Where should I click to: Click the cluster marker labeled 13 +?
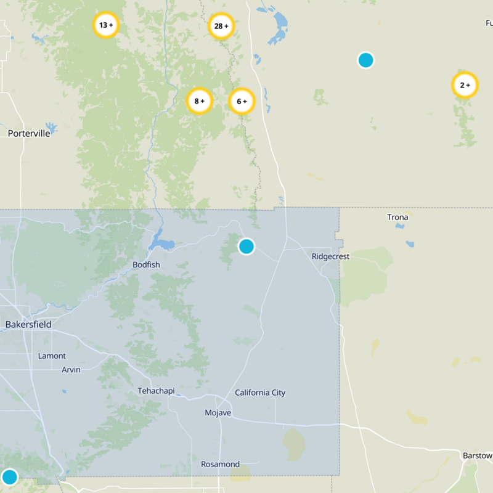tap(105, 25)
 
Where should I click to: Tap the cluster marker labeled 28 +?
tap(221, 26)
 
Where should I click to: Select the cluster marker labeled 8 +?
tap(199, 101)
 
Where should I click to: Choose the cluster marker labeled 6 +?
tap(242, 101)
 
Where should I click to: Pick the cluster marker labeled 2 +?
tap(465, 85)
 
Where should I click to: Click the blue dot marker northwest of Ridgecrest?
tap(246, 246)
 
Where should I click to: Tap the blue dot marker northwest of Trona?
tap(365, 60)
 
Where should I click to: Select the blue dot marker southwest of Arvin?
tap(9, 477)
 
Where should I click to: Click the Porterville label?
tap(29, 133)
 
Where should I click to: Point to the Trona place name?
tap(397, 217)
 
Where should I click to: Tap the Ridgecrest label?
tap(330, 256)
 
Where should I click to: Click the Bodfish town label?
tap(146, 265)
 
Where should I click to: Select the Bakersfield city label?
tap(28, 324)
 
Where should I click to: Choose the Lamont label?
tap(52, 356)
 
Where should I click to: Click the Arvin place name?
tap(71, 370)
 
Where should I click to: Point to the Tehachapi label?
tap(156, 391)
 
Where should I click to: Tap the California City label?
tap(260, 393)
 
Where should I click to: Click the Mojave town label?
tap(218, 412)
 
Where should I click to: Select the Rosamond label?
tap(220, 464)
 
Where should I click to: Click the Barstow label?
tap(478, 455)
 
